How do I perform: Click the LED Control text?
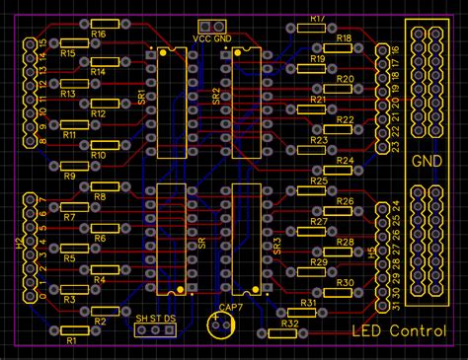tap(399, 331)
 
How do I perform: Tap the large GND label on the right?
tap(427, 161)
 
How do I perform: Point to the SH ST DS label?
tap(156, 319)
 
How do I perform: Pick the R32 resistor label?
tap(289, 323)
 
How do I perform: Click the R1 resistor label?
tap(69, 341)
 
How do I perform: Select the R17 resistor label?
tap(318, 18)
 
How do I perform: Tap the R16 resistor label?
tap(98, 34)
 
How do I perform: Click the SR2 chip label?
tap(216, 96)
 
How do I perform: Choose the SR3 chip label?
tap(275, 243)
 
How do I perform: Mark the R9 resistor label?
tap(69, 176)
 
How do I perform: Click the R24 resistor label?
tap(345, 160)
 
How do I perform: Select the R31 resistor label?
tap(308, 304)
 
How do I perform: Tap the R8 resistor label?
tap(99, 197)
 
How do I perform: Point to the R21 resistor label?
tap(318, 100)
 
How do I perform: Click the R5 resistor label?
tap(69, 258)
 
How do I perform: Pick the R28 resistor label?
tap(345, 242)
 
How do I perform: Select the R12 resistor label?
tap(98, 114)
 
